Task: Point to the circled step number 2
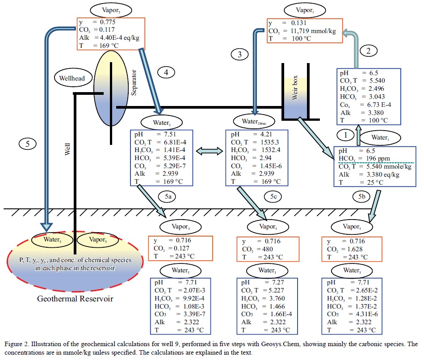coord(369,51)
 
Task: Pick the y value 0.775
coord(109,21)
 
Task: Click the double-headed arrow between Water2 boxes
coord(209,152)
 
